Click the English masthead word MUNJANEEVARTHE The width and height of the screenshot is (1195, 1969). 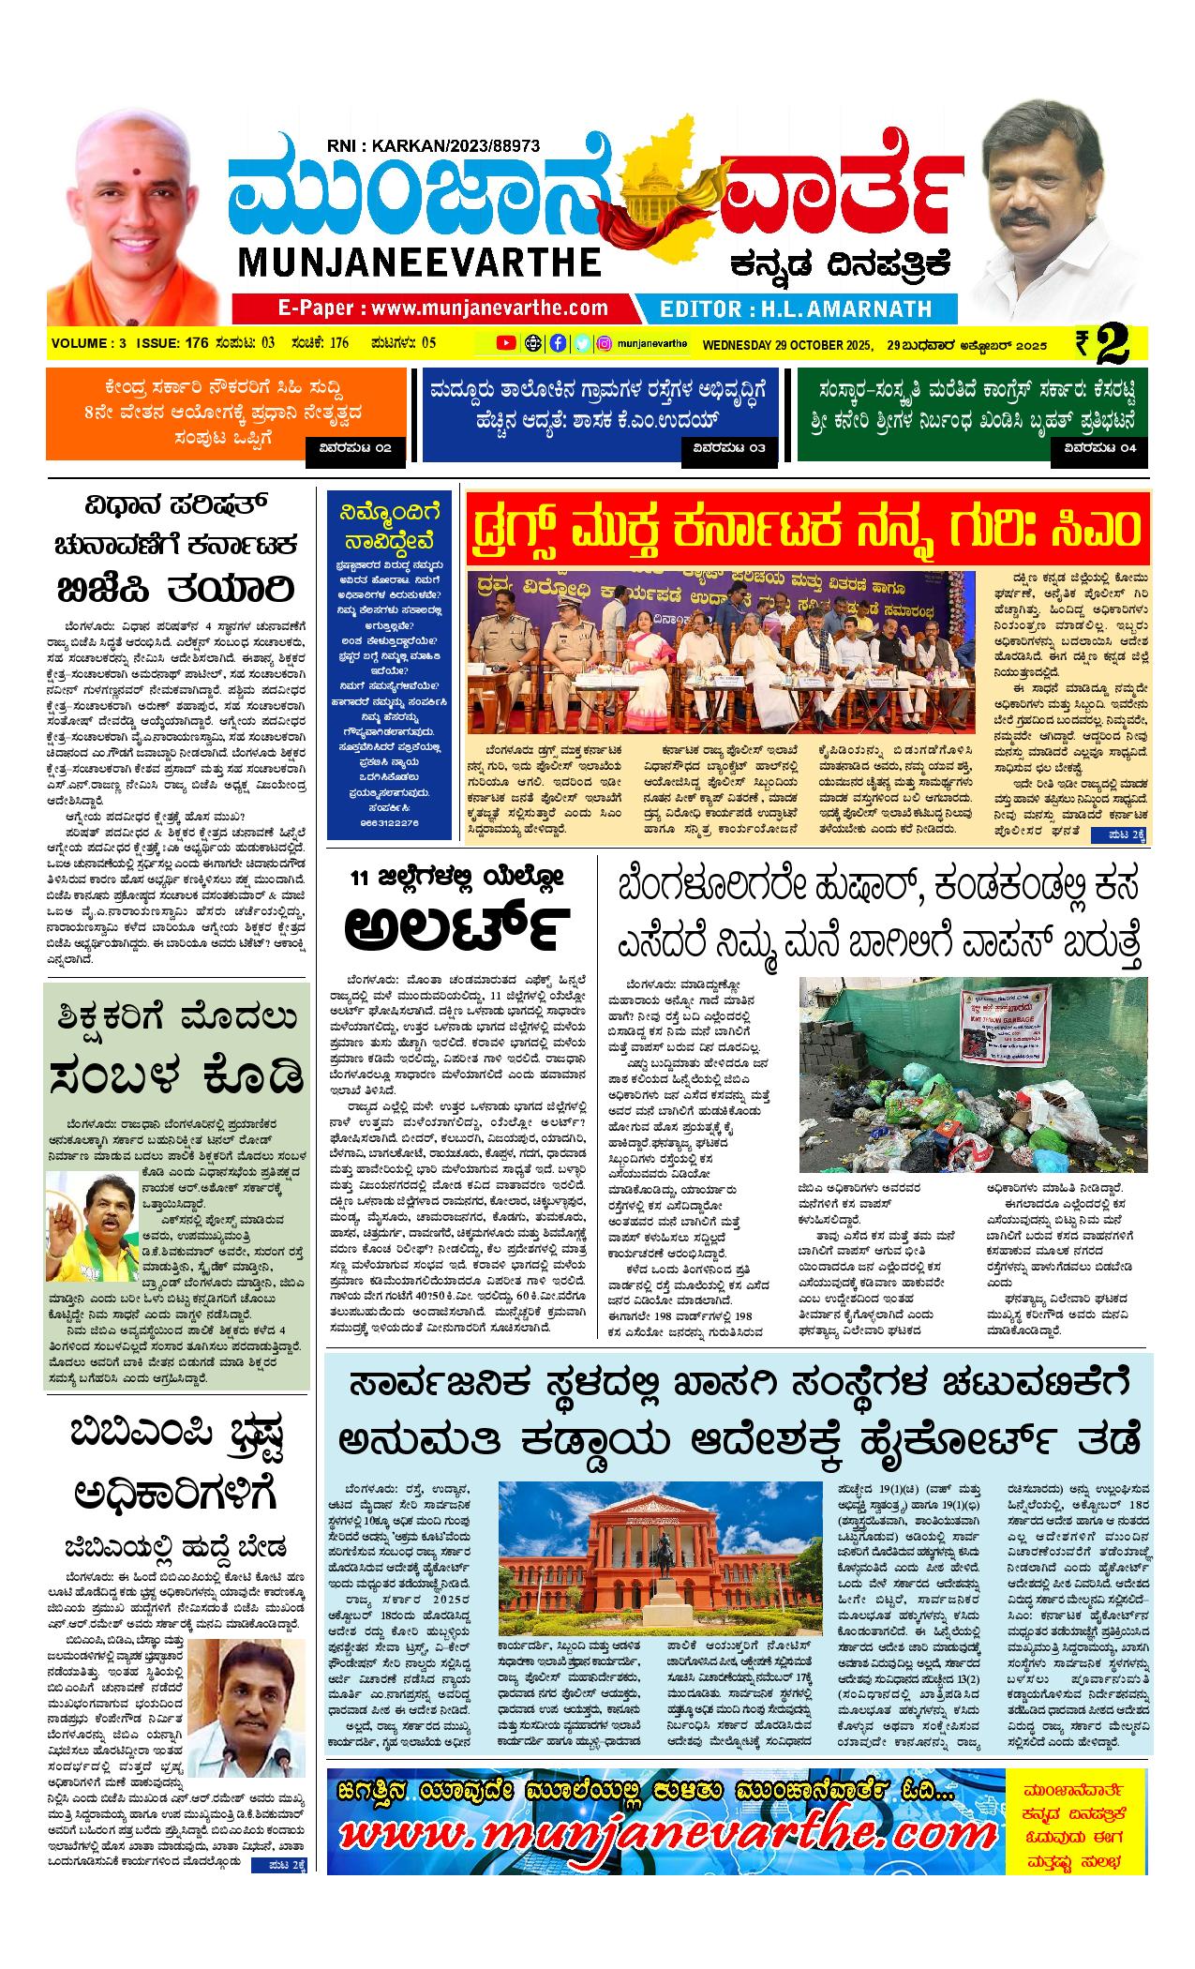coord(420,262)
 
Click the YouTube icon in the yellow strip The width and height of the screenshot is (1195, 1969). coord(506,343)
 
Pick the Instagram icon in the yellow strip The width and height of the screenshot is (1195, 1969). coord(605,343)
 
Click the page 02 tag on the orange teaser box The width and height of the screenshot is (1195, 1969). coord(356,448)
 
